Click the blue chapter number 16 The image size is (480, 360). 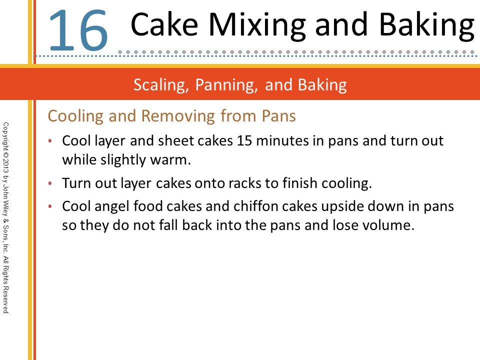(x=78, y=30)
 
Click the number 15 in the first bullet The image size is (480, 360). (x=244, y=141)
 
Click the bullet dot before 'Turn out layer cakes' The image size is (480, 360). (x=50, y=183)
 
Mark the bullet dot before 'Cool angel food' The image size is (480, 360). (x=50, y=206)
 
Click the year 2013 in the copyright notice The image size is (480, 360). (x=6, y=166)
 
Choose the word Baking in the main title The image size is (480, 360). (x=426, y=26)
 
